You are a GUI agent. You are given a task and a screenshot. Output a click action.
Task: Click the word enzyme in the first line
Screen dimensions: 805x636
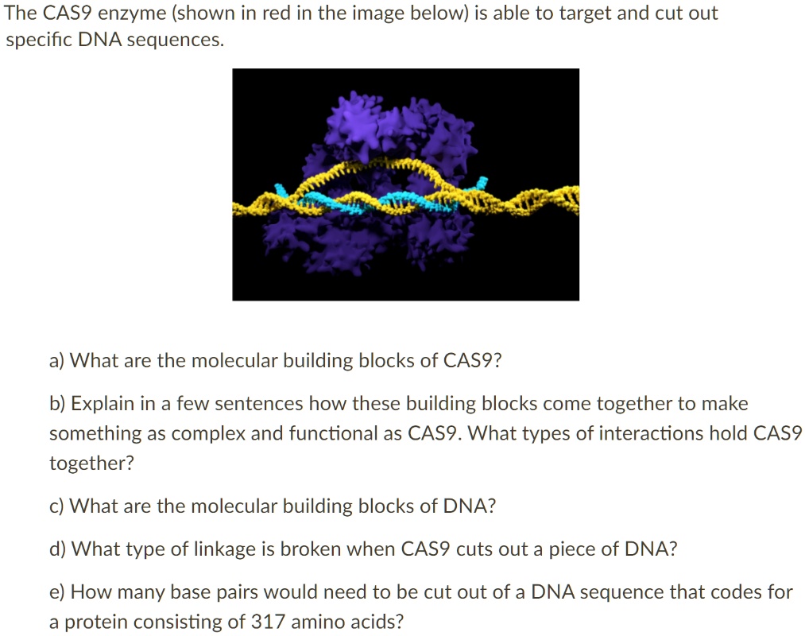132,14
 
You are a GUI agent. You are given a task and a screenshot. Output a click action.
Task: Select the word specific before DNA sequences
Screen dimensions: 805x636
39,40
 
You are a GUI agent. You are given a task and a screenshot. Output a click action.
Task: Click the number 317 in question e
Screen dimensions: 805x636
268,622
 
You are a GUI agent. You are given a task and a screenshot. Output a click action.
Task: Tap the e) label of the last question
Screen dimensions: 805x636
57,592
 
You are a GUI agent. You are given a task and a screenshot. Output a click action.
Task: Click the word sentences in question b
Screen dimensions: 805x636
259,404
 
